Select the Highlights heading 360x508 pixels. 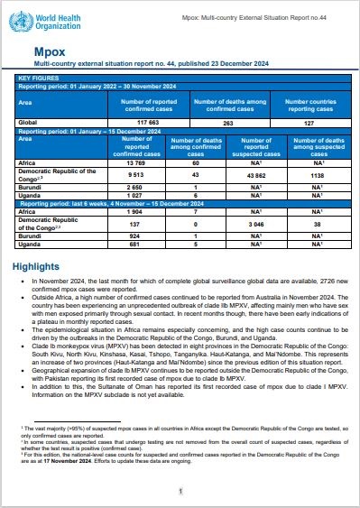point(39,243)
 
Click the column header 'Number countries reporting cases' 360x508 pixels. point(309,104)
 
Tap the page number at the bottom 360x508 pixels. point(180,491)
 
